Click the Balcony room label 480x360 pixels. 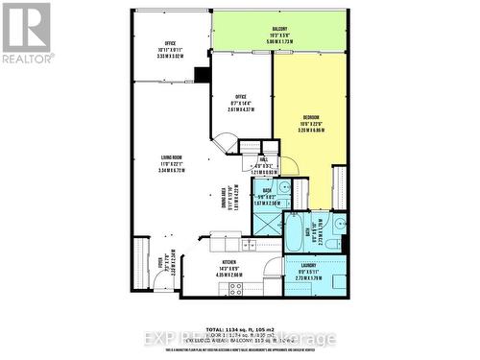(x=278, y=29)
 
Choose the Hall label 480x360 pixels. (x=263, y=161)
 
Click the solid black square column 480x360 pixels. (x=203, y=76)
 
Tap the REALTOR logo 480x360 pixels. (x=25, y=33)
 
